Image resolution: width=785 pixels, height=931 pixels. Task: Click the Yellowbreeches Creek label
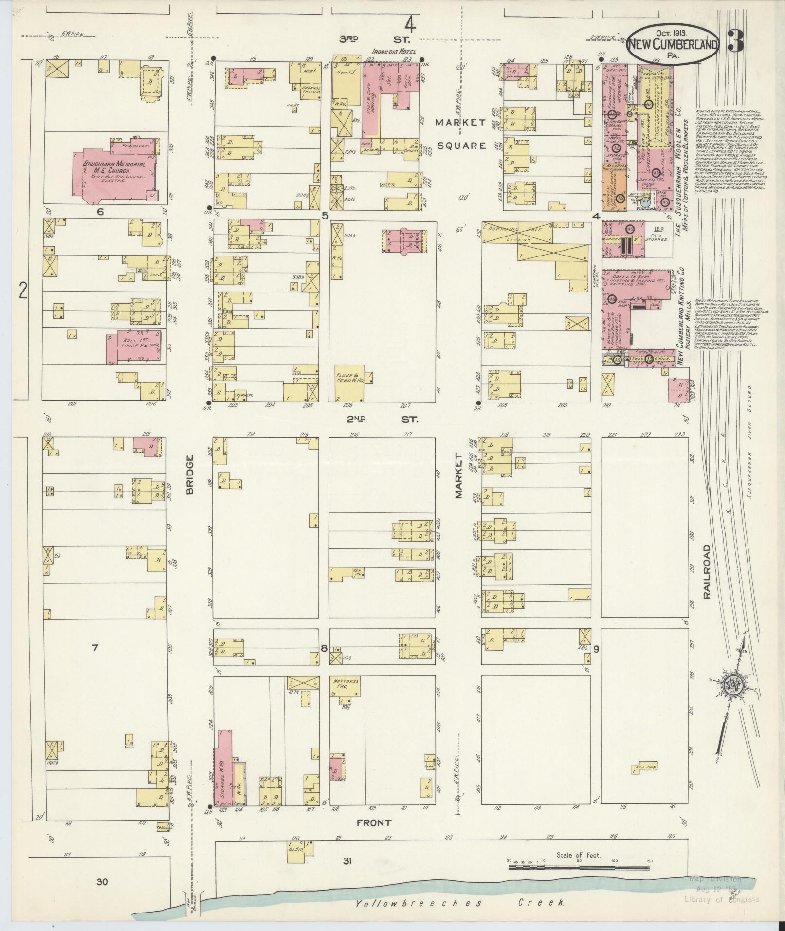coord(460,903)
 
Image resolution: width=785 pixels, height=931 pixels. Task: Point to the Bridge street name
coord(189,474)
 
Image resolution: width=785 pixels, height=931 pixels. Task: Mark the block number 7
coord(95,647)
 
